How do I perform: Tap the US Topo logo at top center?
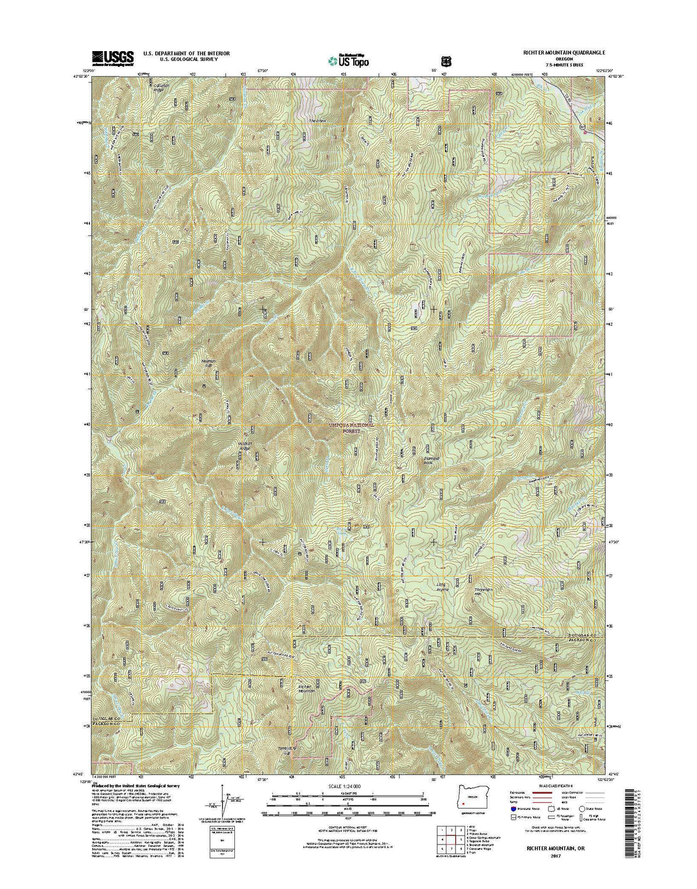point(348,60)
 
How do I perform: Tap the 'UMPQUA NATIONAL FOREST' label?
point(352,427)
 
